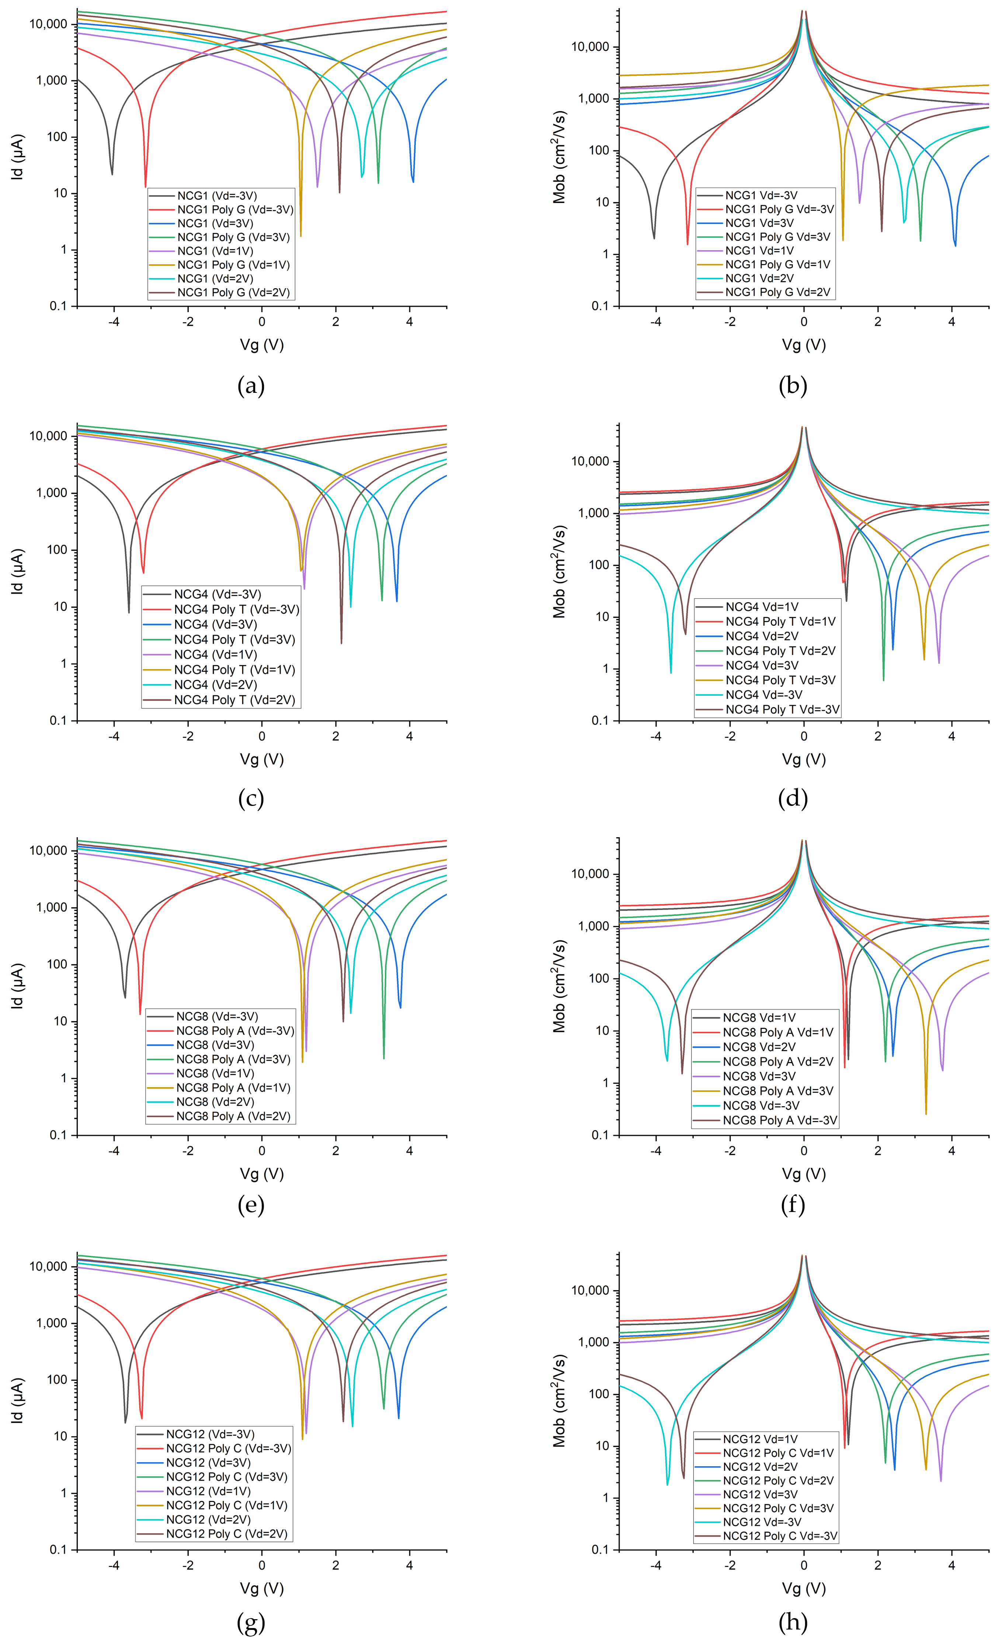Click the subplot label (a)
[251, 385]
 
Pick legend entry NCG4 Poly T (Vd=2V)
[234, 700]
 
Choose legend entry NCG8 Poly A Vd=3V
[777, 1091]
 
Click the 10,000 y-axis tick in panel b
[591, 47]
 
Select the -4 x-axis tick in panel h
[656, 1565]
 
